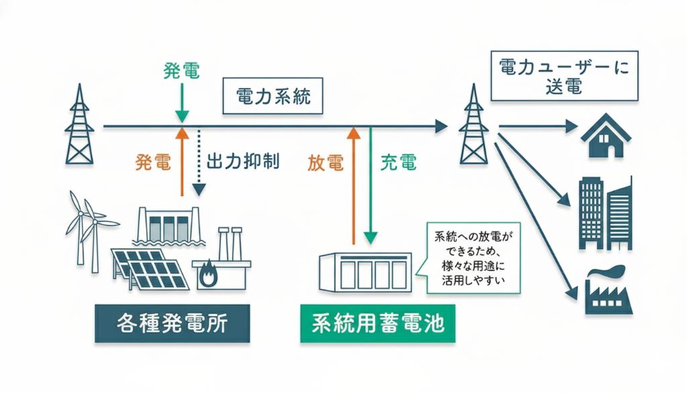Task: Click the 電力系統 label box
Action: (273, 98)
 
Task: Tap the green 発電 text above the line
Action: (181, 70)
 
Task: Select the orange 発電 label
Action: (153, 162)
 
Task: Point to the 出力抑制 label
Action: (244, 162)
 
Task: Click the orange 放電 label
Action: (325, 162)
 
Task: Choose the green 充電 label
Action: (398, 162)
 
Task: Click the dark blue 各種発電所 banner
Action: (172, 323)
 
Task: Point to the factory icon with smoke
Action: (609, 290)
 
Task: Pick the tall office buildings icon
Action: (604, 212)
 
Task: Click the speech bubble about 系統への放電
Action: (468, 259)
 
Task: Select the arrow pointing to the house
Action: (537, 126)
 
